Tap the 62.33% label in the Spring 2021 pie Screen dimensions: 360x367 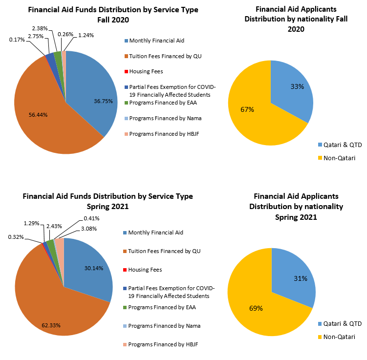tap(51, 325)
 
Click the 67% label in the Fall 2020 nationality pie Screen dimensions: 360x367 tap(247, 109)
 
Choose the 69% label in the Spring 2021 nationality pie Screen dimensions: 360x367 tap(256, 308)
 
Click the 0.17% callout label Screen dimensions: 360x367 tap(17, 39)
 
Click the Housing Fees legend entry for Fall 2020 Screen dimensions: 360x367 tap(146, 71)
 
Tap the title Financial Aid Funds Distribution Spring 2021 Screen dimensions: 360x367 tap(108, 201)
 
